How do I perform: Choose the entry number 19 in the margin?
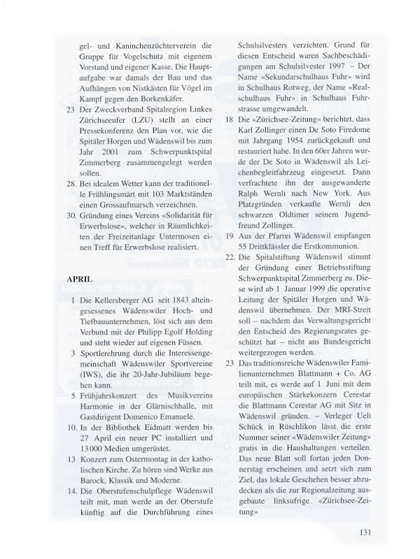230,245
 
